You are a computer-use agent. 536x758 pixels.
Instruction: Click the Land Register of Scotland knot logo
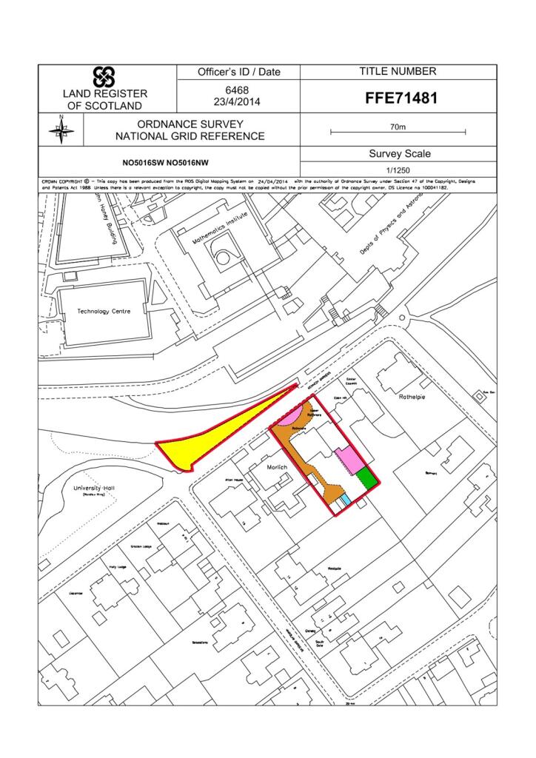pyautogui.click(x=103, y=77)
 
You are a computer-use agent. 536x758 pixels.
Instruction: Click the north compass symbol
pyautogui.click(x=61, y=130)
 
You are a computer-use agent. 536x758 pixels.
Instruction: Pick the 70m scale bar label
pyautogui.click(x=398, y=127)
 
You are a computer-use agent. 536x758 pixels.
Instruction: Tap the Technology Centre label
pyautogui.click(x=104, y=312)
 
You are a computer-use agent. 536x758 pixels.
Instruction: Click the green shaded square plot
pyautogui.click(x=367, y=477)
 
